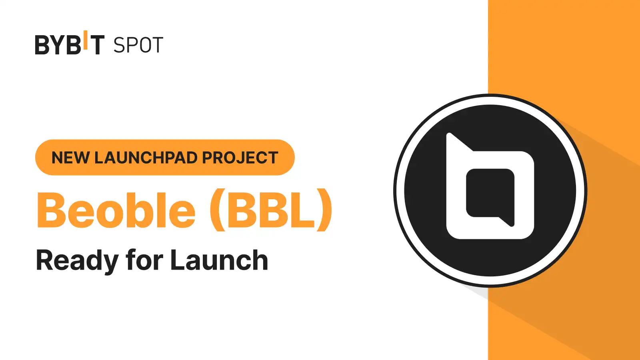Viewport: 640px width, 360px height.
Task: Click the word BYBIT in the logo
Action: click(70, 43)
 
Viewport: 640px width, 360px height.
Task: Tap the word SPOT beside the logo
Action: click(138, 45)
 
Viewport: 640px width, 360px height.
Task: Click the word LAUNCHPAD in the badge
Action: click(146, 158)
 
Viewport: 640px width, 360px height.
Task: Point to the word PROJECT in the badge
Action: click(240, 158)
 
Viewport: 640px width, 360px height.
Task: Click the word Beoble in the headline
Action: click(116, 210)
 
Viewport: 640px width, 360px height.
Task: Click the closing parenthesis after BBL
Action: click(325, 210)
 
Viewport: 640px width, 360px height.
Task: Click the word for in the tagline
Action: click(144, 260)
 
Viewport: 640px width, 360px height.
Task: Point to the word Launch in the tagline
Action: click(220, 260)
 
